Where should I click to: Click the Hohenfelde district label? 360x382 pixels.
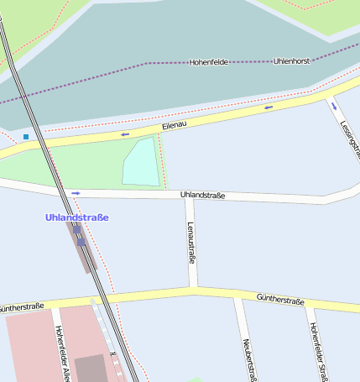(x=208, y=62)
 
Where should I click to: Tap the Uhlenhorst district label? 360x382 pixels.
(x=291, y=61)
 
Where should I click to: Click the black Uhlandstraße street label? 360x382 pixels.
(x=203, y=196)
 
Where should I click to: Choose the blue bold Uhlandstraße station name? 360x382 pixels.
(x=76, y=217)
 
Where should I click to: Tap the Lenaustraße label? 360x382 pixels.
(x=191, y=243)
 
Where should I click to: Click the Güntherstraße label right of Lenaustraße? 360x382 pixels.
(x=279, y=300)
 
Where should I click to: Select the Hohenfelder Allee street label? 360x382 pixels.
(x=60, y=353)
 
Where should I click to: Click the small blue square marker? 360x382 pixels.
(x=26, y=136)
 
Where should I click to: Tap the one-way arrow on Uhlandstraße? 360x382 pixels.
(x=76, y=193)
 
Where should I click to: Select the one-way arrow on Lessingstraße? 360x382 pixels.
(x=335, y=107)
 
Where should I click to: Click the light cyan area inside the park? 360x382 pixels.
(x=140, y=162)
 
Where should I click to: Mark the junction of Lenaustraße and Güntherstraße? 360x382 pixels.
(x=192, y=291)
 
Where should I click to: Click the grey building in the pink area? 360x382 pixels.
(x=91, y=367)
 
